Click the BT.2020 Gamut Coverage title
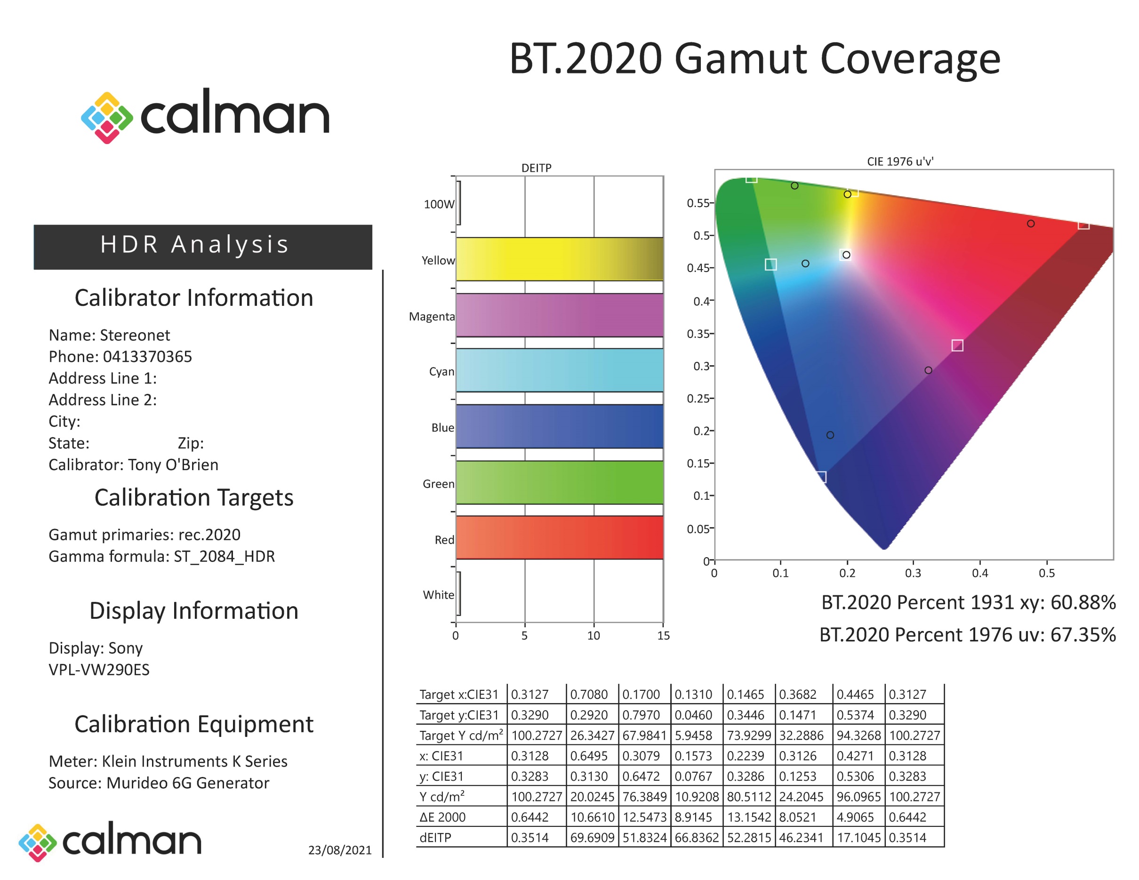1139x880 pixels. (754, 59)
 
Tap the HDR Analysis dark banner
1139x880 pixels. (202, 246)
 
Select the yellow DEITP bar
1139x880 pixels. (559, 259)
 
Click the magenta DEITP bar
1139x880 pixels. (559, 315)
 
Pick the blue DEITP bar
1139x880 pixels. (559, 426)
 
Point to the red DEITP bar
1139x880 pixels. (559, 537)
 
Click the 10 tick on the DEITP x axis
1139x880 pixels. (594, 635)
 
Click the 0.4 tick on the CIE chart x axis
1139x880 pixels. (979, 573)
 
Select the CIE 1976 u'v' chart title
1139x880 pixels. (899, 161)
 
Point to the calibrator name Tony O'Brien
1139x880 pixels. (173, 464)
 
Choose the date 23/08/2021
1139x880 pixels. (339, 850)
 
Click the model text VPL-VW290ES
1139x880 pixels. (99, 669)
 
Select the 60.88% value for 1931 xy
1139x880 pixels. (1083, 602)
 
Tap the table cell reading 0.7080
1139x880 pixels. (589, 695)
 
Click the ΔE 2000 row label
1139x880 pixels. (442, 817)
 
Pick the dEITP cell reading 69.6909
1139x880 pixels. (592, 837)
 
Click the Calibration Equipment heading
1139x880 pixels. (194, 724)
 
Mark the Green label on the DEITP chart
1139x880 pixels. (438, 484)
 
